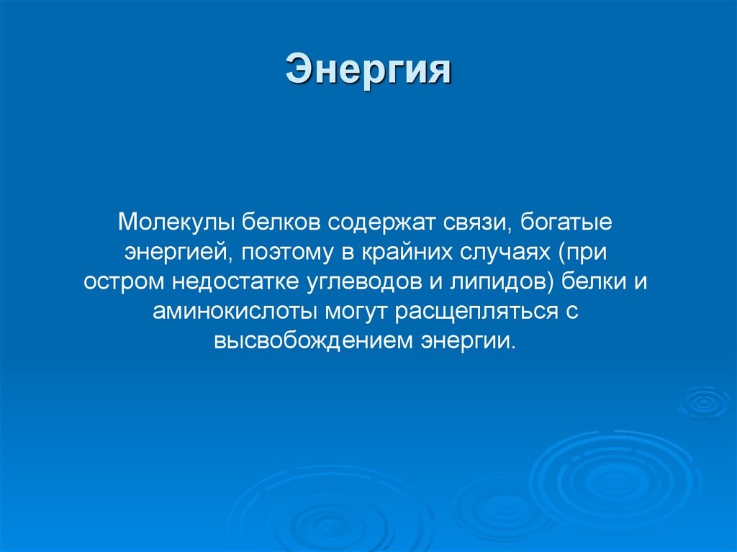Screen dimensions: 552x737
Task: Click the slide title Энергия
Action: pos(368,71)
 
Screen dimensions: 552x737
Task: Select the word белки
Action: pos(596,281)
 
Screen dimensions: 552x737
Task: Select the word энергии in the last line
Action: pos(468,341)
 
